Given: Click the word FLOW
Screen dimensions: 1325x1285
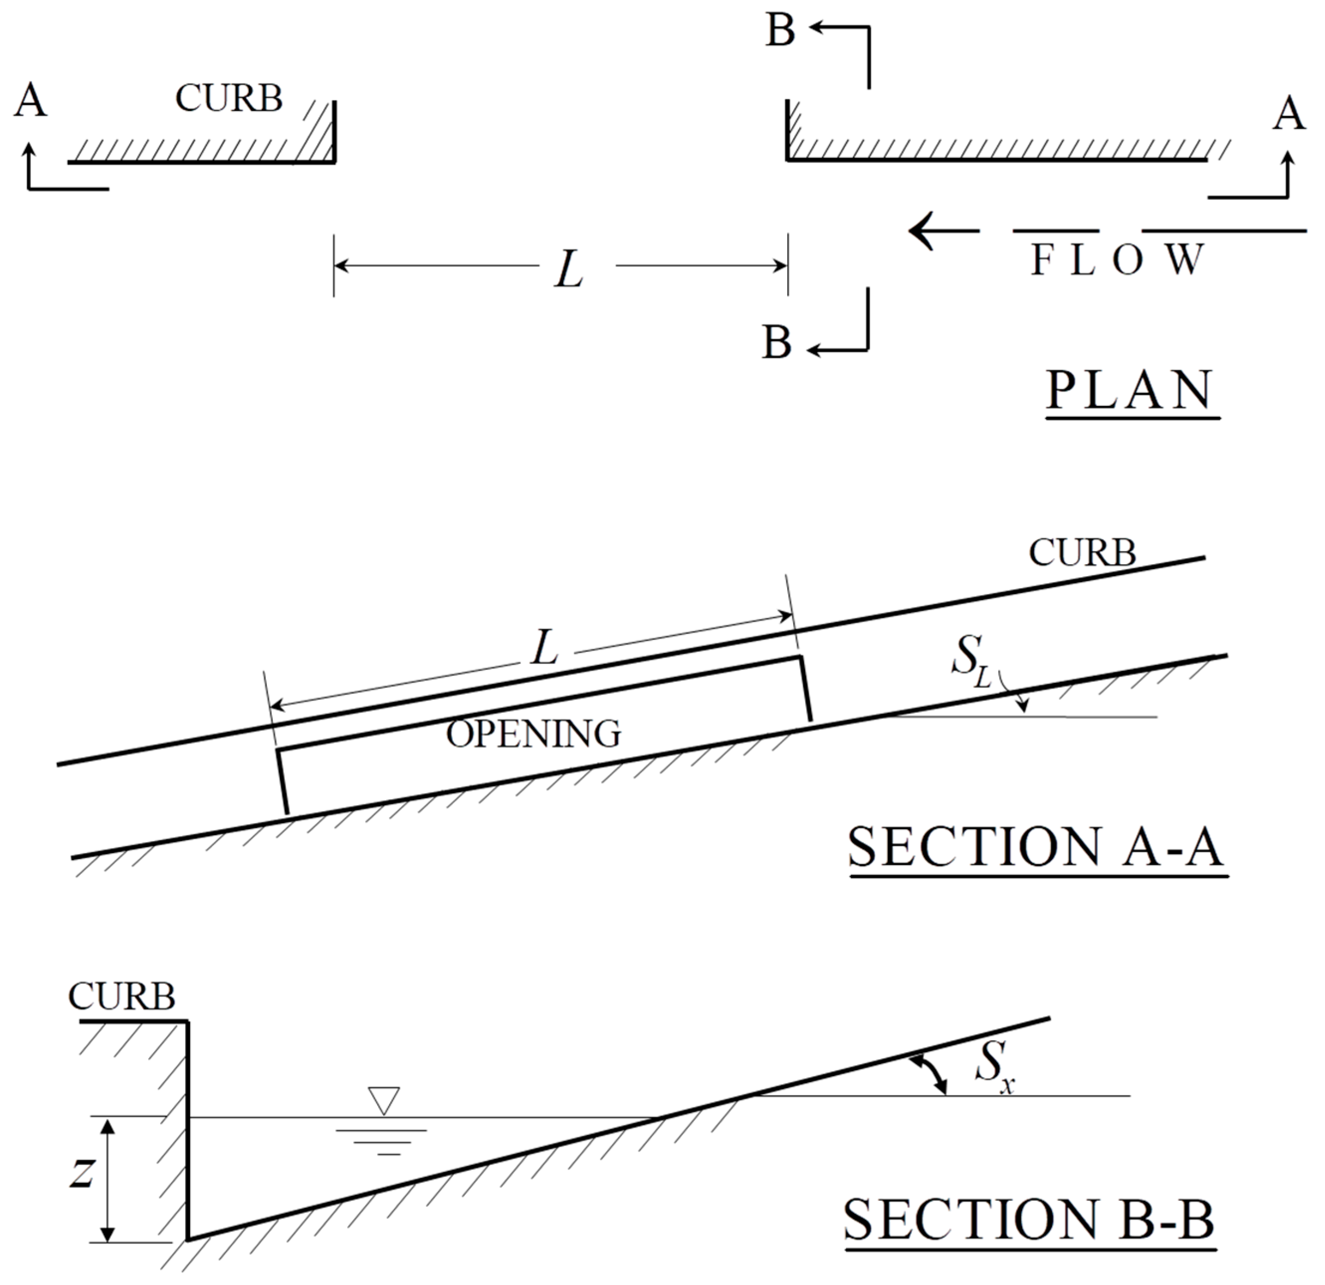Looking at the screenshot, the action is [x=1117, y=260].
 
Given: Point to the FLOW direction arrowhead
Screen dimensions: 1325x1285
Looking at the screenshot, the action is [x=921, y=230].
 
